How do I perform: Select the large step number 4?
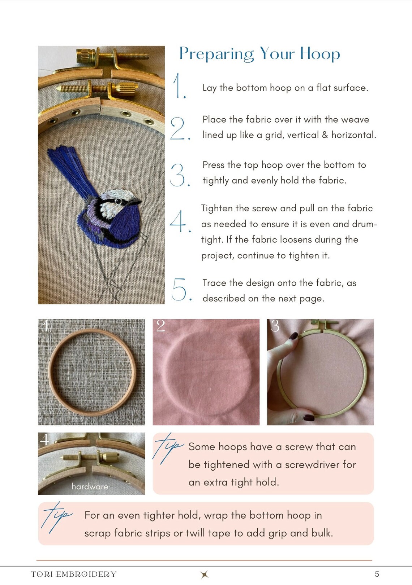pos(179,221)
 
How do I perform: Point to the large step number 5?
pos(179,289)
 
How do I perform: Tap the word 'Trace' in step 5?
pos(214,283)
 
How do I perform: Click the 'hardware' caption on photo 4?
pos(90,487)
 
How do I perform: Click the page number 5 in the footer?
pos(377,574)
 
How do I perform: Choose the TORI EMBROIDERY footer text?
pos(74,574)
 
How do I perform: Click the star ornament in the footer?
pos(205,574)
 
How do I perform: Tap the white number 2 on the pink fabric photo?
pos(160,326)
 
